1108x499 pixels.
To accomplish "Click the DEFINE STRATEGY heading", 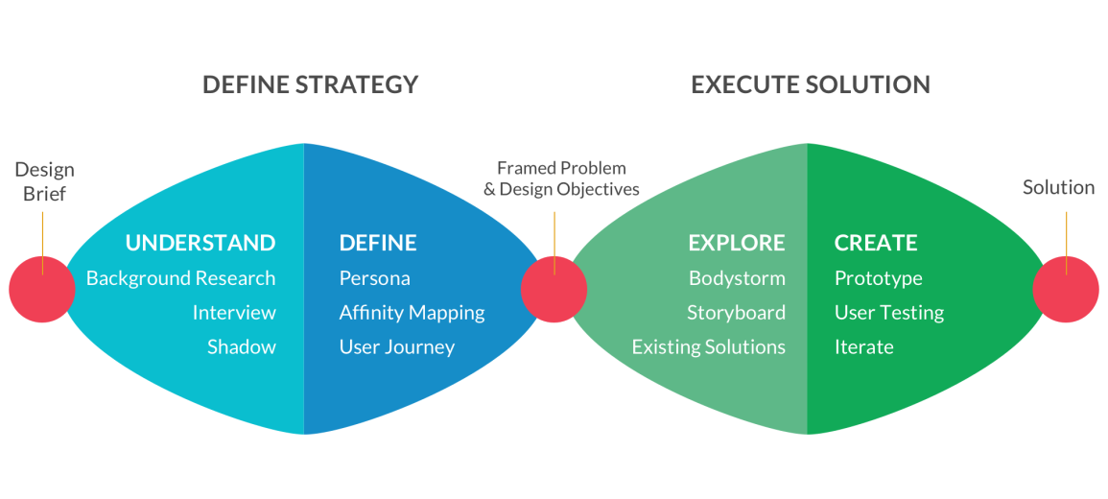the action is (x=310, y=84).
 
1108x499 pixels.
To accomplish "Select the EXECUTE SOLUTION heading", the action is (x=811, y=84).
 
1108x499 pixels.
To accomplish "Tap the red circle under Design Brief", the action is (x=42, y=290).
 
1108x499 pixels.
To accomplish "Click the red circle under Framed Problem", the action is (x=554, y=290).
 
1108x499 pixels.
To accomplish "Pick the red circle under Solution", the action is (x=1066, y=290).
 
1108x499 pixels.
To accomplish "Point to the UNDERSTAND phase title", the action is (x=200, y=243).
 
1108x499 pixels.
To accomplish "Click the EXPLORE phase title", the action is (x=737, y=243).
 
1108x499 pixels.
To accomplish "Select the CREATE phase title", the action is (x=876, y=243).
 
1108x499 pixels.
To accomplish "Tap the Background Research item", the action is (x=181, y=277).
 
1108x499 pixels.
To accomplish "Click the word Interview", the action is (x=234, y=313).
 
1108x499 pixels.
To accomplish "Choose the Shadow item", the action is (x=242, y=347).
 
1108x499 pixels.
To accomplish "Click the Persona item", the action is (x=374, y=277).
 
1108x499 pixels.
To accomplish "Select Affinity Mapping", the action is (x=412, y=313).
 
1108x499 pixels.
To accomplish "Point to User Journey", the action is (x=397, y=347).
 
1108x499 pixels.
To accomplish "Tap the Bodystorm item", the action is (x=737, y=278).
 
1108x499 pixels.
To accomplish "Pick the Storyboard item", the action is (x=737, y=313).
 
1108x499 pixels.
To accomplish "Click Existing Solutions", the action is (x=709, y=347).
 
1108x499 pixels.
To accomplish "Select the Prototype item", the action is (x=879, y=278).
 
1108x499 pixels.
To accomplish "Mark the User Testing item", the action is (x=889, y=313).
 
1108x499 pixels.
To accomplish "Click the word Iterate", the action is (x=864, y=347).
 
